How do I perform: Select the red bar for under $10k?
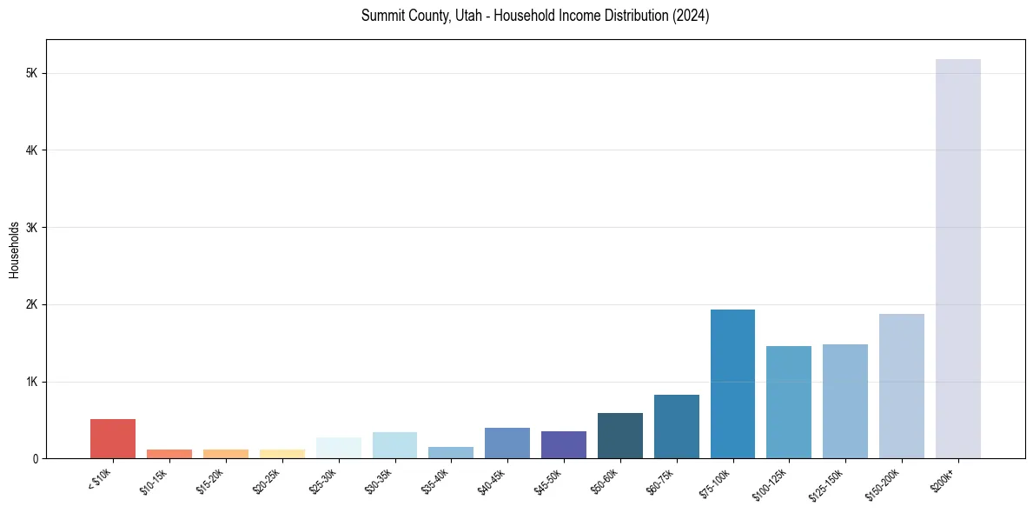pyautogui.click(x=113, y=439)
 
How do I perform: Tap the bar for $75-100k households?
pyautogui.click(x=732, y=383)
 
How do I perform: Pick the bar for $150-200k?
pyautogui.click(x=901, y=386)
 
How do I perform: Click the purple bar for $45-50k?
pyautogui.click(x=563, y=444)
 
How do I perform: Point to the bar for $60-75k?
pyautogui.click(x=676, y=426)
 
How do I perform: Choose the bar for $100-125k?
pyautogui.click(x=789, y=402)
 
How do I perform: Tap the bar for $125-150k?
pyautogui.click(x=844, y=401)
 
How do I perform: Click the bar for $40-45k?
pyautogui.click(x=507, y=443)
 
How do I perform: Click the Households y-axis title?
pyautogui.click(x=14, y=249)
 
